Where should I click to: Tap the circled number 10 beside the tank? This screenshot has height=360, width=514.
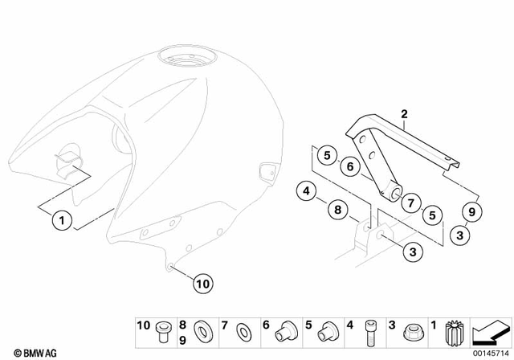point(202,282)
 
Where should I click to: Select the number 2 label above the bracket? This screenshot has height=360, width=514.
point(405,114)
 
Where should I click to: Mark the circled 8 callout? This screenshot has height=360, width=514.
point(338,211)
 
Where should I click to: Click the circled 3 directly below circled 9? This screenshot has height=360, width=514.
point(460,235)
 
